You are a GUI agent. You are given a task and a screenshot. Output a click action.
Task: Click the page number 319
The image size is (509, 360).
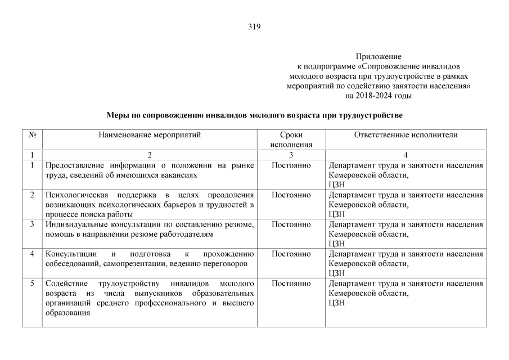254,26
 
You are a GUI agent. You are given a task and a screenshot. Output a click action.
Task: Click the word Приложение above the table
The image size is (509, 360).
379,57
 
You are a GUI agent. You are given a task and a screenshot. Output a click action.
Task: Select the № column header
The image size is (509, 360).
32,135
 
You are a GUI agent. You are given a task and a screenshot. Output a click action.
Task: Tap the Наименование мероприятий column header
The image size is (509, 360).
150,135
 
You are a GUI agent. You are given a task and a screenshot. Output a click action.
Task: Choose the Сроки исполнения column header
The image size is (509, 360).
291,139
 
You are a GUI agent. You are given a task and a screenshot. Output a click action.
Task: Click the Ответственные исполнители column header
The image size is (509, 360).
406,135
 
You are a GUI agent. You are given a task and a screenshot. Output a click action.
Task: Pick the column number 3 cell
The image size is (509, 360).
291,155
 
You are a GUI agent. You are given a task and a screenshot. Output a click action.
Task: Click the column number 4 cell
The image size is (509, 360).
406,155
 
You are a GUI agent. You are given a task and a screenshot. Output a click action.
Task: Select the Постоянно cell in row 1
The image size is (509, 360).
291,165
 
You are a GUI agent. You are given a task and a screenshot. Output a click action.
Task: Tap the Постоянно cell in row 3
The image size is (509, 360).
291,224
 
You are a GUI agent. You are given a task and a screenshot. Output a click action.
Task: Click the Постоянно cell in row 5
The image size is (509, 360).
291,283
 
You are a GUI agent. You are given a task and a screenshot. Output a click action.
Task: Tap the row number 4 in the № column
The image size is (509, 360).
32,254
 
